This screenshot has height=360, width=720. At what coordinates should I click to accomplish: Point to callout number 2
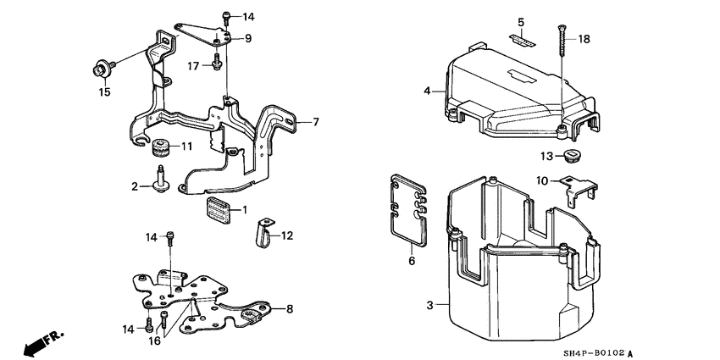[135, 186]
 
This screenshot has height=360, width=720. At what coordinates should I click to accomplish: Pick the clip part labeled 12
[261, 232]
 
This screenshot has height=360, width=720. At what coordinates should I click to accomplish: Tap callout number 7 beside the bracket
[314, 122]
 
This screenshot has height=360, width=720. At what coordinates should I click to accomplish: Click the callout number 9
[248, 38]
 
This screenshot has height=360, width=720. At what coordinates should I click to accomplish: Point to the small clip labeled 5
[521, 36]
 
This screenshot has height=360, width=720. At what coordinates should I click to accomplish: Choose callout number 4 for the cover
[428, 91]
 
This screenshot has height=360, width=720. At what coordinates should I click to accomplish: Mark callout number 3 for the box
[429, 305]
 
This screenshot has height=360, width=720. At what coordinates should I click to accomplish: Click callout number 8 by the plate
[290, 309]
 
